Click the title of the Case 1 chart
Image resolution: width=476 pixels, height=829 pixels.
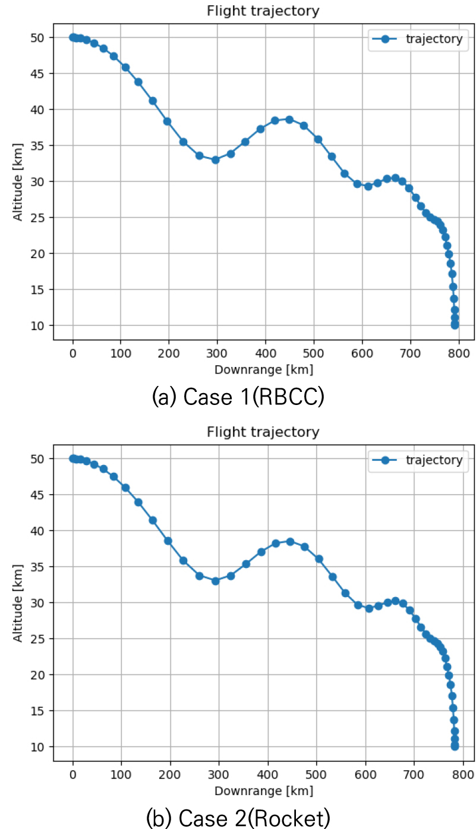(x=263, y=11)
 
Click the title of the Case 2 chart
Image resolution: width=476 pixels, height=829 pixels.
(x=263, y=432)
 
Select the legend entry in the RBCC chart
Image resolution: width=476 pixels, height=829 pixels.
(x=416, y=39)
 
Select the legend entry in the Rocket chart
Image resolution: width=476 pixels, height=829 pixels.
(x=416, y=460)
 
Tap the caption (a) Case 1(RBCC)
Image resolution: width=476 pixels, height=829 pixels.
(x=238, y=396)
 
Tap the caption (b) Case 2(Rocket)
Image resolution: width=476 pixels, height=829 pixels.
(x=238, y=817)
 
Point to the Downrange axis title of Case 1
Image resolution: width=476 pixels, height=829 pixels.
(x=263, y=369)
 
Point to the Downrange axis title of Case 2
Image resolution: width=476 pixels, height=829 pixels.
(x=263, y=790)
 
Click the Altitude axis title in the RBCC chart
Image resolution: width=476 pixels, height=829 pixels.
(x=18, y=181)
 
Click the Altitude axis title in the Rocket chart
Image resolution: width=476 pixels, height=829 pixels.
(x=18, y=602)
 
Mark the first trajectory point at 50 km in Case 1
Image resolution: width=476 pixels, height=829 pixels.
(x=73, y=37)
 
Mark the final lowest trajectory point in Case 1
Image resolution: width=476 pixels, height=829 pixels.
(x=455, y=325)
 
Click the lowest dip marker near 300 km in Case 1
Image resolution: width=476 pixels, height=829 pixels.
(x=215, y=159)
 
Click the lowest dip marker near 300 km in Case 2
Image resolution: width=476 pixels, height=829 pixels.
(x=215, y=581)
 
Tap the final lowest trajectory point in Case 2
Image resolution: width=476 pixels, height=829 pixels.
(x=455, y=746)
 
